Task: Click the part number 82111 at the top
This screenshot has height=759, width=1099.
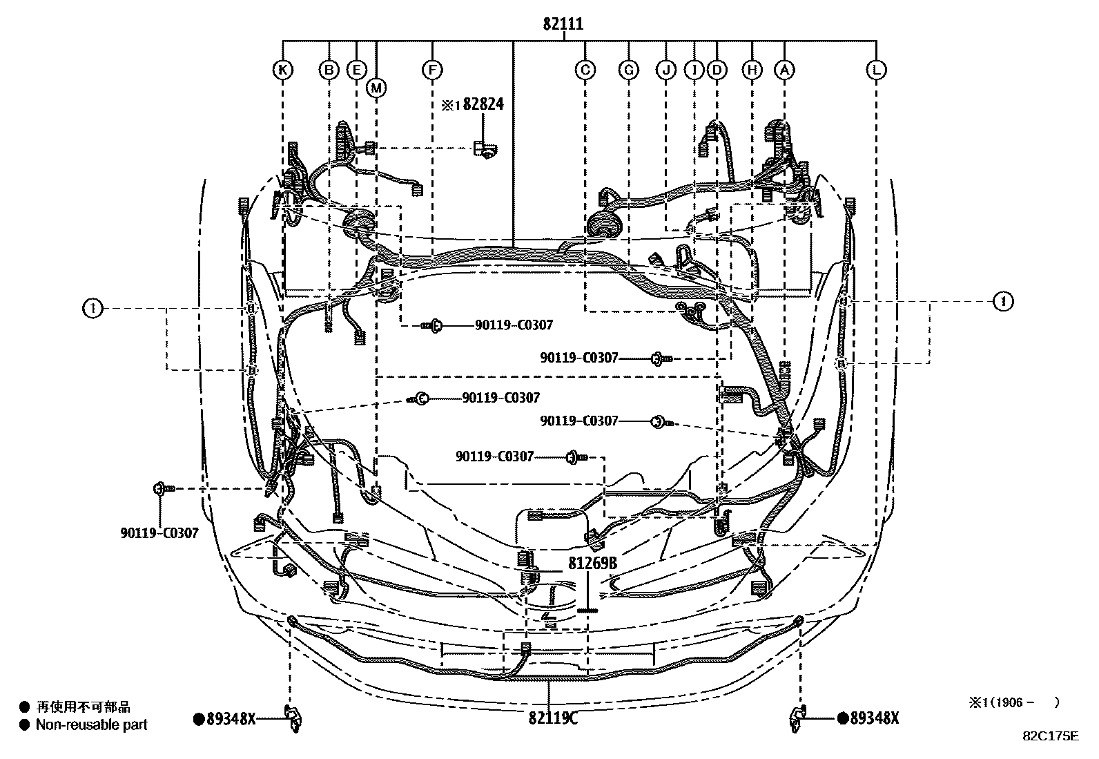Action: coord(563,24)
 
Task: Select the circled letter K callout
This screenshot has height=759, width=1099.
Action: coord(282,69)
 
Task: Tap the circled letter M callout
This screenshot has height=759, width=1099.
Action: coord(376,87)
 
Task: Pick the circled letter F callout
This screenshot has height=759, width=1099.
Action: coord(432,69)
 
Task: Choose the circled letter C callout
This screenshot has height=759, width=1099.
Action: coord(585,69)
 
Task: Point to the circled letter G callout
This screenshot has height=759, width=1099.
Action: coord(629,69)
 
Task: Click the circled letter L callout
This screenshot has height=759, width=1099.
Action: coord(876,69)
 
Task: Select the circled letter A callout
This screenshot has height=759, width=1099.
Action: coord(784,69)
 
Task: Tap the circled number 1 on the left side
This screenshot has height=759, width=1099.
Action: coord(92,308)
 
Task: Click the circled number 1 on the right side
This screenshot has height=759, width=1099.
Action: coord(1003,301)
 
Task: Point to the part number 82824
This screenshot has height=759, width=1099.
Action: coord(483,104)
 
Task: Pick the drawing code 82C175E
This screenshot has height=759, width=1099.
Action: coord(1050,736)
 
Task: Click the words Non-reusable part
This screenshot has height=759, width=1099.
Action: coord(91,724)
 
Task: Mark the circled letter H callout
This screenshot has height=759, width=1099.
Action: coord(752,69)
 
